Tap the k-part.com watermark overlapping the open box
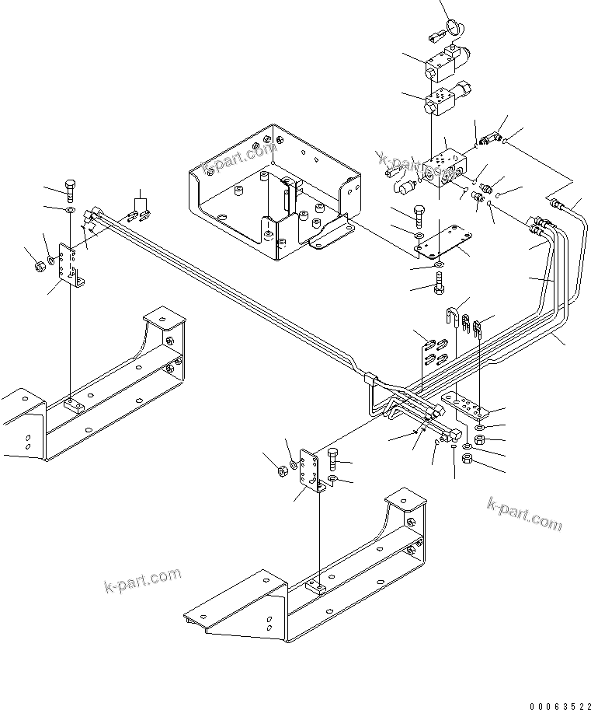[x=239, y=158]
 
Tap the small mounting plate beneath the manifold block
[x=443, y=246]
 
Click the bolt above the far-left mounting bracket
[x=71, y=188]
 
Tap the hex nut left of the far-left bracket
[x=38, y=267]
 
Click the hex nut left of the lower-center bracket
[x=280, y=469]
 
